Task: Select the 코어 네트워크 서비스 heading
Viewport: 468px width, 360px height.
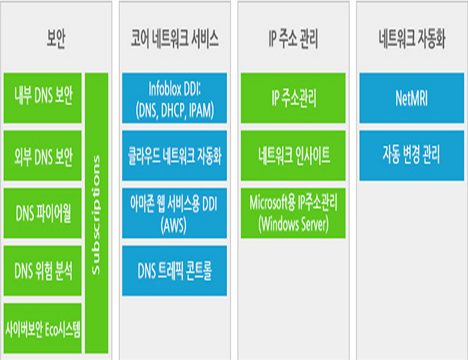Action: click(174, 40)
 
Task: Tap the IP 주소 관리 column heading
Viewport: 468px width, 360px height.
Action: click(293, 40)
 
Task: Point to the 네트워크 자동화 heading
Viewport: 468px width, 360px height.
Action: click(412, 40)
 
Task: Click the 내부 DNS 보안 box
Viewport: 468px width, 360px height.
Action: click(43, 98)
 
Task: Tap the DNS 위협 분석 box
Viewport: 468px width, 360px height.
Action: click(43, 271)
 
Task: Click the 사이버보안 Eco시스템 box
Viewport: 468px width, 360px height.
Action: click(43, 328)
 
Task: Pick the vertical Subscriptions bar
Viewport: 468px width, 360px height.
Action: click(97, 213)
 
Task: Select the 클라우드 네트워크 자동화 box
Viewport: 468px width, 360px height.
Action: click(174, 155)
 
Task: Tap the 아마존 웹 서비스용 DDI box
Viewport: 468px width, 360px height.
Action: click(174, 213)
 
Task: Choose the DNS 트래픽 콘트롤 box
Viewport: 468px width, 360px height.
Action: click(174, 271)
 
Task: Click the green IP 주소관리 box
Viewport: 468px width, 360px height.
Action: click(293, 98)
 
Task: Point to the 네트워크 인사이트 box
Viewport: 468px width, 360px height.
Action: click(293, 155)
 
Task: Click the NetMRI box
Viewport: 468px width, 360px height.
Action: click(412, 98)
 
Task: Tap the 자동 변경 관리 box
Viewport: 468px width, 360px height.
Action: click(412, 155)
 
